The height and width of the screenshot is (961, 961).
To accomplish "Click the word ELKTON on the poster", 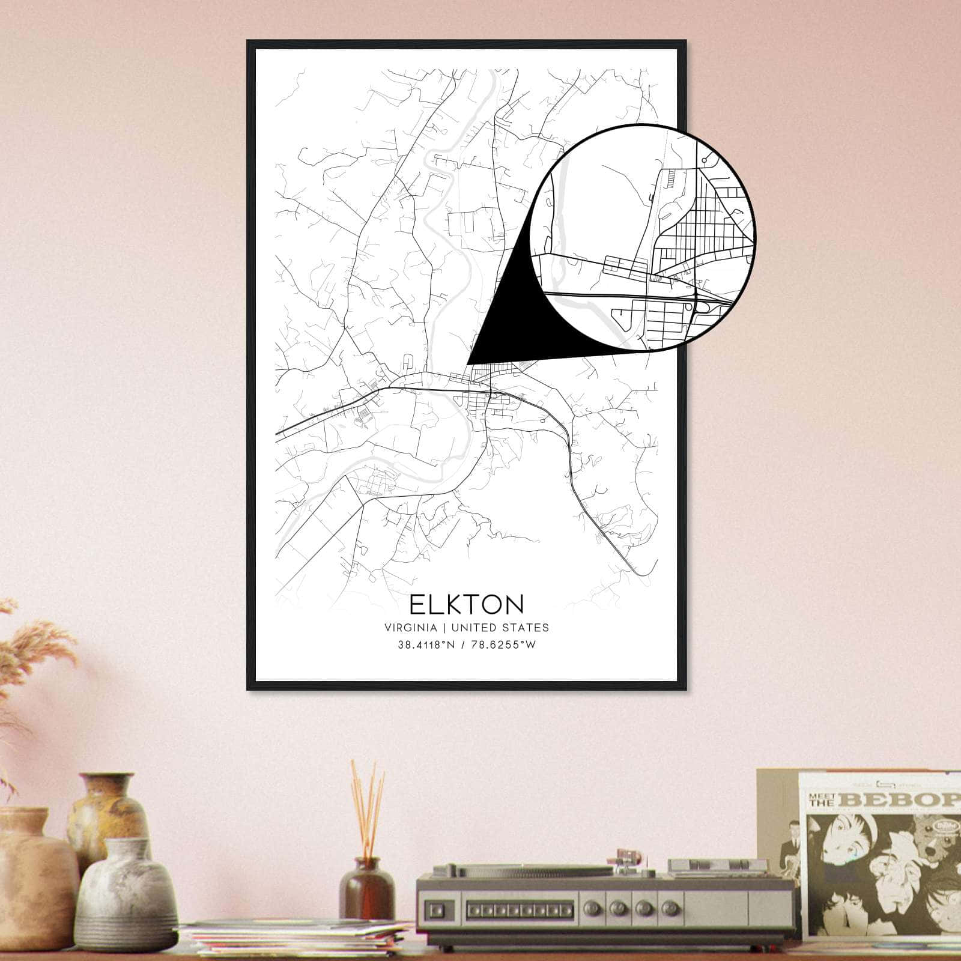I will coord(467,604).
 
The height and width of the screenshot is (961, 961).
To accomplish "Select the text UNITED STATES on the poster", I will coord(500,628).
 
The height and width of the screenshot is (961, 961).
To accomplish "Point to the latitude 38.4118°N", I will coord(425,645).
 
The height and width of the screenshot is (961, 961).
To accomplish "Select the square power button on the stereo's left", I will coord(441,911).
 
